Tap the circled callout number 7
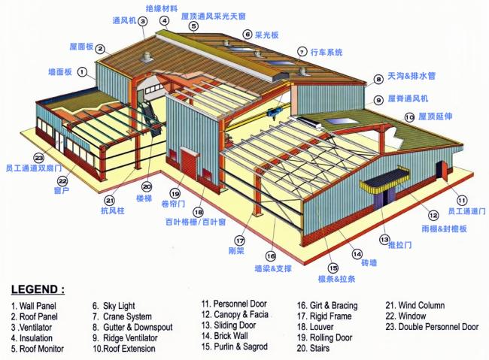tap(302, 52)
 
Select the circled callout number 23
tap(38, 158)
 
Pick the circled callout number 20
tap(146, 186)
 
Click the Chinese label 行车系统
tap(327, 52)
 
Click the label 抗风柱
tap(110, 212)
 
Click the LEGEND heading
tap(38, 289)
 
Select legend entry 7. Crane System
tap(122, 316)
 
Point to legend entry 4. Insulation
tap(31, 337)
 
